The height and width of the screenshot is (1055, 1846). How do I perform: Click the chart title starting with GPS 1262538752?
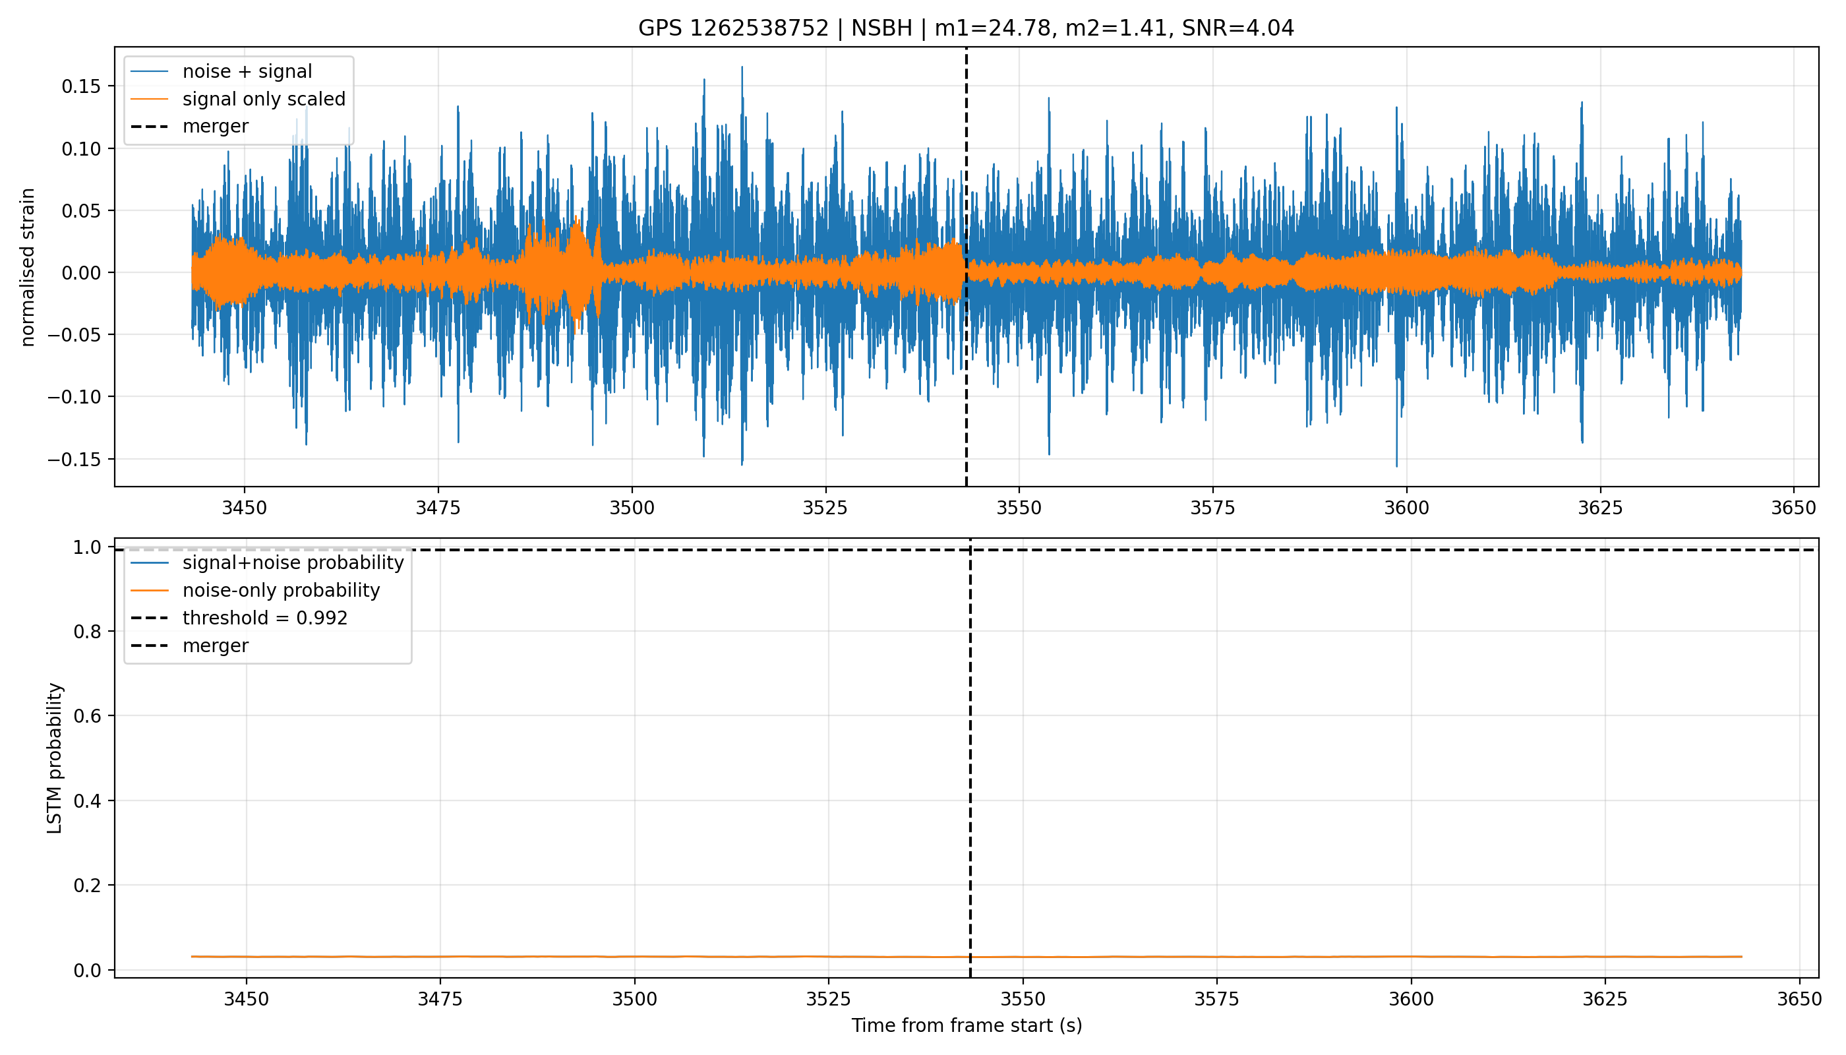pos(966,28)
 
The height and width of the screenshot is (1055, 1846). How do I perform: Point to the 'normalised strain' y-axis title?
pos(28,267)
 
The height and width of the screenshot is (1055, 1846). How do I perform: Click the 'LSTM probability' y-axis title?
pos(55,758)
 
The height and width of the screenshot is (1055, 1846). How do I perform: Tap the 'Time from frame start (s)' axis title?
pos(967,1026)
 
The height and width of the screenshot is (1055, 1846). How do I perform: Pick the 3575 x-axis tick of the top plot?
pos(1212,508)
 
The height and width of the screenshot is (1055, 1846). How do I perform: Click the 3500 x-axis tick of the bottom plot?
pos(634,999)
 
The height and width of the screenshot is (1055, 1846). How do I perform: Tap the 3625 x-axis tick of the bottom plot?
pos(1605,999)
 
